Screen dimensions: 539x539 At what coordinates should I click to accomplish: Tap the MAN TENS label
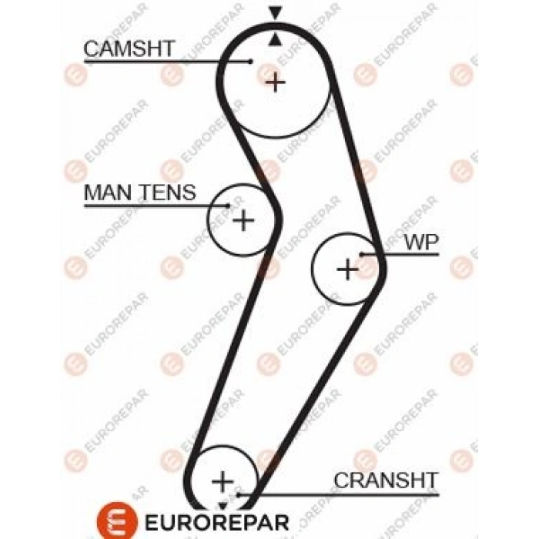[x=139, y=192]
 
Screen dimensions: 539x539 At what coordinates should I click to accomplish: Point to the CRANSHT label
[x=385, y=480]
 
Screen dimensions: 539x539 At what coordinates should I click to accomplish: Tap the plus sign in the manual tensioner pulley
[x=243, y=221]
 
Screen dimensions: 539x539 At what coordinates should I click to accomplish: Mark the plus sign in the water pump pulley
[x=348, y=269]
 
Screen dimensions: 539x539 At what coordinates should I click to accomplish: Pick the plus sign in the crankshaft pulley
[x=223, y=482]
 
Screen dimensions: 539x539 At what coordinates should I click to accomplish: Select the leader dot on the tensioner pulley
[x=229, y=206]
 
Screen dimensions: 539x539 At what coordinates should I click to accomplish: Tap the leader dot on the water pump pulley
[x=361, y=254]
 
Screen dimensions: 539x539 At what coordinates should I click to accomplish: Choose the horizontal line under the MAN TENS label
[x=146, y=206]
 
